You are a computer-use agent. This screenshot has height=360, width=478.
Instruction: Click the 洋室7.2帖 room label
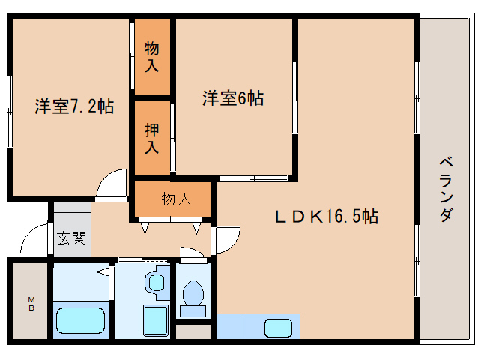[74, 106]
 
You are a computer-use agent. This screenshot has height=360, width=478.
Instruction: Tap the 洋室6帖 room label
[233, 98]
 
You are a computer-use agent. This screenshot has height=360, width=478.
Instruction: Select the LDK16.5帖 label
[327, 217]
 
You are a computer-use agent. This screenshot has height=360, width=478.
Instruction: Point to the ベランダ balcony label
[446, 189]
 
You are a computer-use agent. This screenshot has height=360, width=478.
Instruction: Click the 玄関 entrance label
[72, 238]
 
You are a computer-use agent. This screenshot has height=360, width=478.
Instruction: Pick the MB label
[31, 304]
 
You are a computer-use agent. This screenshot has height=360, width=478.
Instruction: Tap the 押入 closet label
[152, 138]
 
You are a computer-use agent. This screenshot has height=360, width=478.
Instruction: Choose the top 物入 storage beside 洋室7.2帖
[152, 57]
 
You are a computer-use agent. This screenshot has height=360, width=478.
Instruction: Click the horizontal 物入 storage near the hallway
[177, 199]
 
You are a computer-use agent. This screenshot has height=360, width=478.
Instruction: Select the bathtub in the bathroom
[80, 320]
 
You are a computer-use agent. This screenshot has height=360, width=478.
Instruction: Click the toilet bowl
[193, 292]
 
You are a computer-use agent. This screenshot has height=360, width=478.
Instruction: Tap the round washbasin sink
[157, 282]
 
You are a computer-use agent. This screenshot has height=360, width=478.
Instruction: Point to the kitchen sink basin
[278, 328]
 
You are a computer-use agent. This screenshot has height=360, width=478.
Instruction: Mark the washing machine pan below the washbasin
[156, 320]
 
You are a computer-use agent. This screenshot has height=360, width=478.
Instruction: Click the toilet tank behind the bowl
[193, 311]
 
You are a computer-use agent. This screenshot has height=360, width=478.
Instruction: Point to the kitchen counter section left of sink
[230, 326]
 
